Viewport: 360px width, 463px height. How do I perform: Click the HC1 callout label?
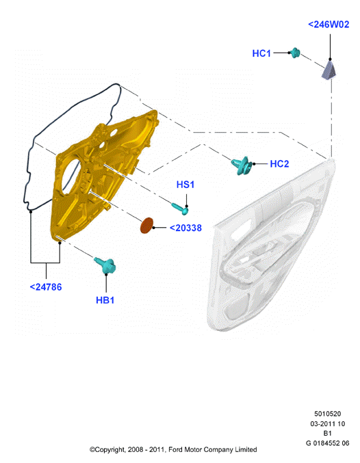(x=261, y=53)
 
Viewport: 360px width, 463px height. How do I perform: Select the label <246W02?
(x=329, y=24)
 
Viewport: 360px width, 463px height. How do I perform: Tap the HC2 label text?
(x=279, y=164)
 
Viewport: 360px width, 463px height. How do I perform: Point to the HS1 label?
(x=185, y=185)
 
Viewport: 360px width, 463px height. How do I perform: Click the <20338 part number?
(x=185, y=228)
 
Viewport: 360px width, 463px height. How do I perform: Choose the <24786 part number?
(x=46, y=287)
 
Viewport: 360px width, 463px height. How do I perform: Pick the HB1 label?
(x=105, y=300)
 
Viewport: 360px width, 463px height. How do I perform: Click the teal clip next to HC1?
(x=295, y=53)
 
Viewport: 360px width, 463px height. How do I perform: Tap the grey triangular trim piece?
(x=329, y=70)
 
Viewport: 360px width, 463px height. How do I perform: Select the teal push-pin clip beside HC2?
(x=242, y=164)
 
